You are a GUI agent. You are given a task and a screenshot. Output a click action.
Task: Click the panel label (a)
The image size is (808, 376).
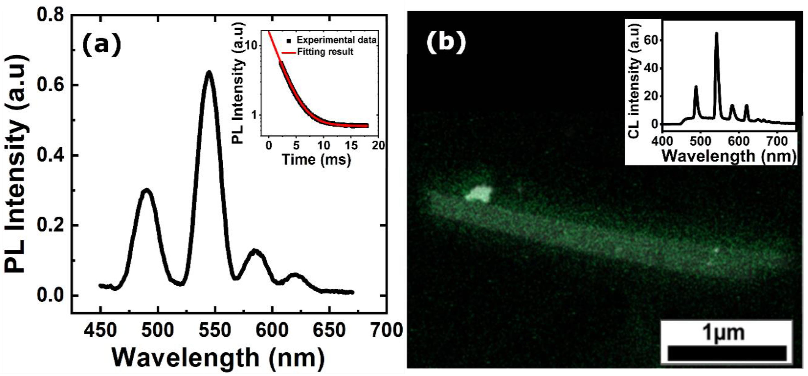click(x=101, y=46)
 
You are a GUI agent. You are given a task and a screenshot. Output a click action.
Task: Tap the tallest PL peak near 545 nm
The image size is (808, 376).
click(x=209, y=73)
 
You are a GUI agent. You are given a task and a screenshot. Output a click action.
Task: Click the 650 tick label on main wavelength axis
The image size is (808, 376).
click(x=329, y=330)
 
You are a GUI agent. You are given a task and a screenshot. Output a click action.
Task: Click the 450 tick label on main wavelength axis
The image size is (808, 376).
click(x=101, y=330)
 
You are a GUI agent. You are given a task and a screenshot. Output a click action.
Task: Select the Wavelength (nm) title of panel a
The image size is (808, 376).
click(x=218, y=358)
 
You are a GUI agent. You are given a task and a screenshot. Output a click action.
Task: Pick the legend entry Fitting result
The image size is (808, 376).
click(x=325, y=52)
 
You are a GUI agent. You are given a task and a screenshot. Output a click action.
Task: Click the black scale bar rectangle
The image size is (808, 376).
click(x=727, y=353)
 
